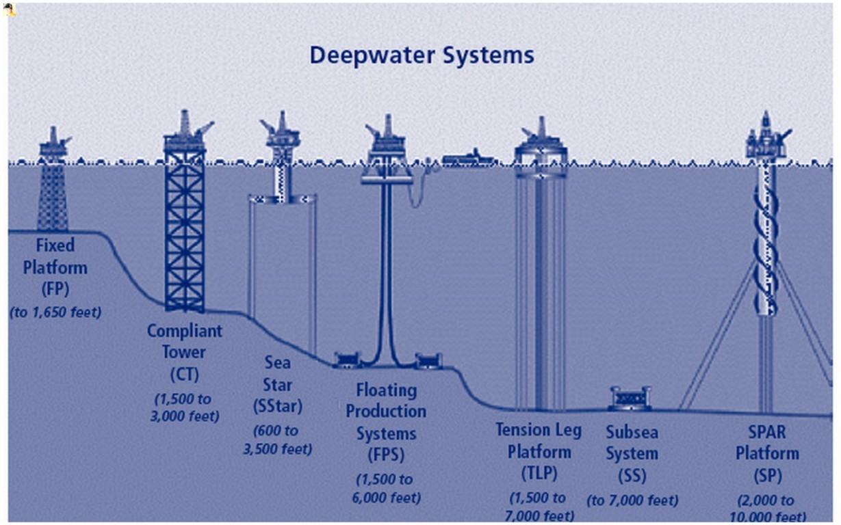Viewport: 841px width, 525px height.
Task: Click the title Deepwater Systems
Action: pos(422,55)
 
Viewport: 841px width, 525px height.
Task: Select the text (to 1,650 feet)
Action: pos(55,312)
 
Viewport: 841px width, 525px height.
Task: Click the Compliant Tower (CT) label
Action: pos(185,353)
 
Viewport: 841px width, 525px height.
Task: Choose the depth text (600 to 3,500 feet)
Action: pos(282,440)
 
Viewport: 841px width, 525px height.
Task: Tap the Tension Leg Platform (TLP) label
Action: pos(539,452)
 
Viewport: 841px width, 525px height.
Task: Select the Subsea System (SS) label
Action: pos(632,453)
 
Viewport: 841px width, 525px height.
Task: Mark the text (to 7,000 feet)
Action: pos(632,500)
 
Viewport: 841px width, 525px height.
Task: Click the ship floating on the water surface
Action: pos(468,159)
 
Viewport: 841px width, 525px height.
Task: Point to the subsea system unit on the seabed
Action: pos(630,398)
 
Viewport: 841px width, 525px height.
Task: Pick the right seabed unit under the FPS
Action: pos(428,360)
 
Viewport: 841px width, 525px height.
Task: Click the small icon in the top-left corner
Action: pos(11,10)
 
